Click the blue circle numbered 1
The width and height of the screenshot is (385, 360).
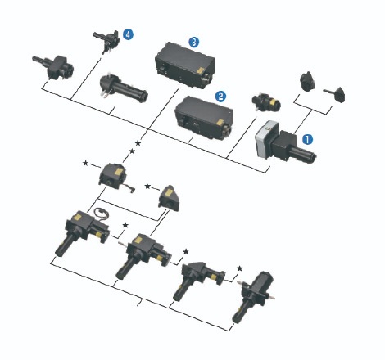[307, 139]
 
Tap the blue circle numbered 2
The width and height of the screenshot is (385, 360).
[220, 97]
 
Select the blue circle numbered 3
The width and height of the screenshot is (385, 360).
[194, 42]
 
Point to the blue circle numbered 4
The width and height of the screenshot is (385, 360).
[128, 34]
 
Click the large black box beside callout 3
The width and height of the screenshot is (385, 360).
[185, 65]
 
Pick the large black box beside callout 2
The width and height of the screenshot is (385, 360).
[204, 118]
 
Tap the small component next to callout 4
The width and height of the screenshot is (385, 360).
[106, 42]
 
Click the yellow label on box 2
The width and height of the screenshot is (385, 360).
[220, 123]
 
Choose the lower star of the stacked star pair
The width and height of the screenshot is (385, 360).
[132, 151]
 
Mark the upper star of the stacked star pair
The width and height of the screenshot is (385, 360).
[138, 143]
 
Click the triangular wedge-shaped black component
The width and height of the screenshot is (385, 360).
[169, 198]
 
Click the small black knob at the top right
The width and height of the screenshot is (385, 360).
[307, 81]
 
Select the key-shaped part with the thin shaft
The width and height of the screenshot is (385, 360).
[334, 93]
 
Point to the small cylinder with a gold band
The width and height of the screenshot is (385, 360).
[265, 101]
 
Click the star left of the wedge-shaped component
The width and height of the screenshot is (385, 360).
[147, 187]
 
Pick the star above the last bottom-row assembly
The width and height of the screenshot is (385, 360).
[240, 268]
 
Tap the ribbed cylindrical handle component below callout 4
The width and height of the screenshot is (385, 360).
[124, 88]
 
